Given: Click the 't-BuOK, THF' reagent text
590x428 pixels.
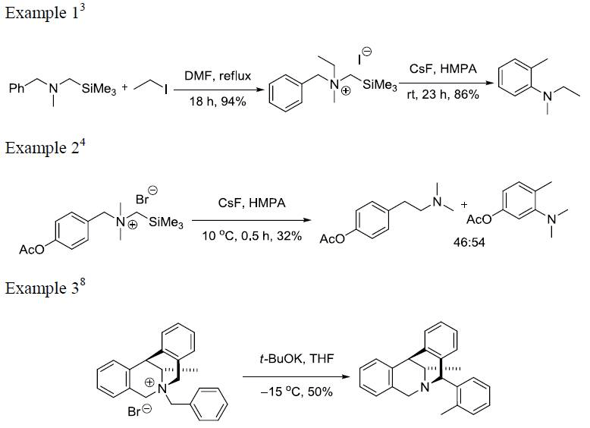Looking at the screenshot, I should coord(288,363).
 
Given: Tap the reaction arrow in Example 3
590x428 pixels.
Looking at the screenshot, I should coord(288,376).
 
